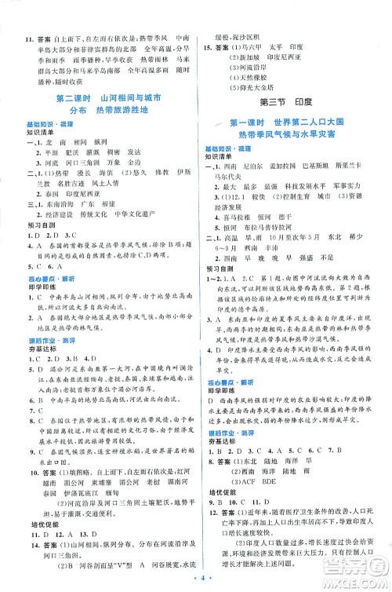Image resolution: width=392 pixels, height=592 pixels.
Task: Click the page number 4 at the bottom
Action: [194, 581]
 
